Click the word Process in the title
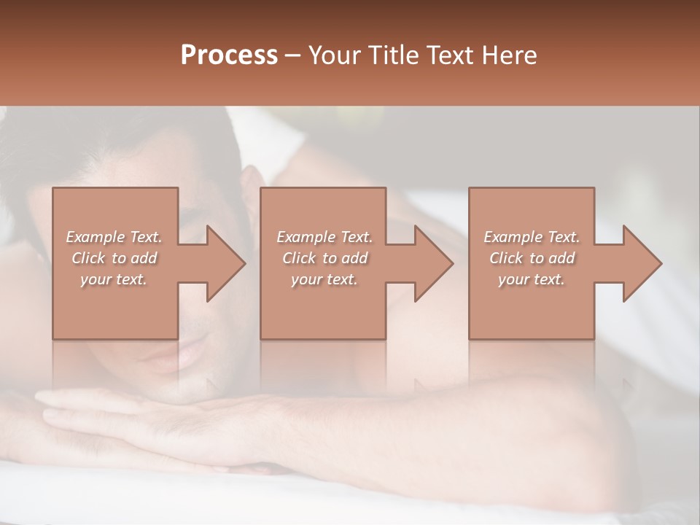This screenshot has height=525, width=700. (229, 55)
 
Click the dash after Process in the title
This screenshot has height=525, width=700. (293, 56)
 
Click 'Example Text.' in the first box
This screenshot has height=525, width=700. (114, 237)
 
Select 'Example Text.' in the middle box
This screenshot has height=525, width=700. (324, 237)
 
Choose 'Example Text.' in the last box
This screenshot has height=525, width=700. (532, 237)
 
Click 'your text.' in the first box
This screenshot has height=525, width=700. (114, 279)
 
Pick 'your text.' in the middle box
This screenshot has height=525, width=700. (324, 279)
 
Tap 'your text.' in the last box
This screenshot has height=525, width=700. (532, 279)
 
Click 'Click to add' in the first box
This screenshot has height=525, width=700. (114, 258)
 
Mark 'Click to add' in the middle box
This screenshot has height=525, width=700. (324, 258)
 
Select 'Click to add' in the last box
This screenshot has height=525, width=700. (532, 258)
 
